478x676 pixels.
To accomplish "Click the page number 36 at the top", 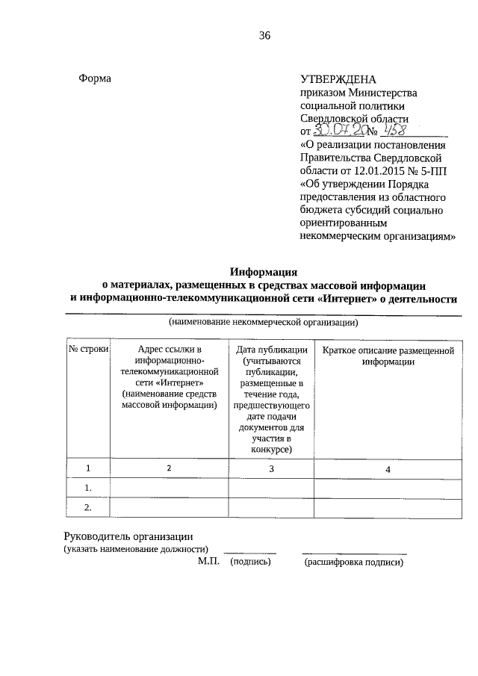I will coord(264,36).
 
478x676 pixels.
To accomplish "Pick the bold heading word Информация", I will coord(264,272).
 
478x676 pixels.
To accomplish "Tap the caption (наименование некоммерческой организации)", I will coord(264,323).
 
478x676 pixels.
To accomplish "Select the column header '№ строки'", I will coord(89,349).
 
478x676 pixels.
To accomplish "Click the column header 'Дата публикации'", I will coord(272,349).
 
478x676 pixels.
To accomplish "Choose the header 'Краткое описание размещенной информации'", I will coord(388,355).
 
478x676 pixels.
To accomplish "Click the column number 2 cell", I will coord(169,468).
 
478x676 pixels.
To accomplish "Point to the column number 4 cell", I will coord(388,468).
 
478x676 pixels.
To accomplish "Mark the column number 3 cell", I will coord(272,468).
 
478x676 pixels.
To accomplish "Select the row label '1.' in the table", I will coord(88,489).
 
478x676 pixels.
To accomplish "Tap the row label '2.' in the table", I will coord(88,508).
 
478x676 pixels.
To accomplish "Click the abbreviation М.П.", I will coord(208,561).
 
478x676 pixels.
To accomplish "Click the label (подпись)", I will coord(250,562).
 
